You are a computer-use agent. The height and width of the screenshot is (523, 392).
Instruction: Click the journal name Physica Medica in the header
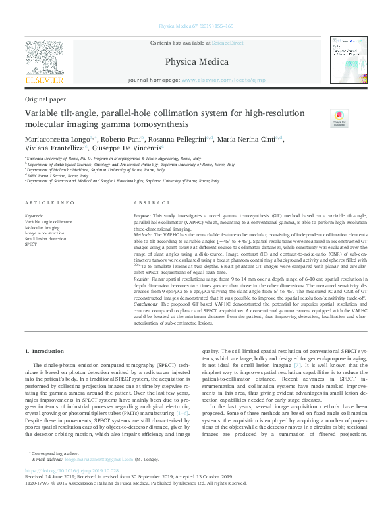click(x=196, y=62)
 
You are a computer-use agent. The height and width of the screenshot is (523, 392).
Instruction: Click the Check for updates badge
click(x=339, y=118)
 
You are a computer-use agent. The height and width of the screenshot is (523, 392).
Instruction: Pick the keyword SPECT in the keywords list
click(x=31, y=244)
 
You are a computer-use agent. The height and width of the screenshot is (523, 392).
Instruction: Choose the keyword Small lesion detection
click(x=45, y=238)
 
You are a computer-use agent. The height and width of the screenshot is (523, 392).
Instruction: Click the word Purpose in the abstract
click(x=142, y=216)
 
